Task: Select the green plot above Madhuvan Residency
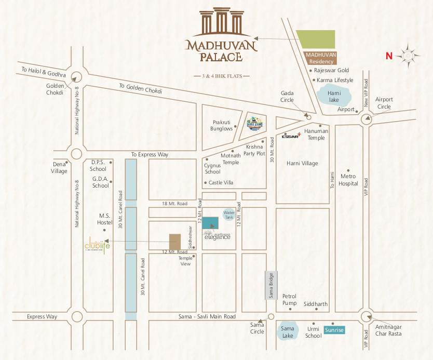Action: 315,39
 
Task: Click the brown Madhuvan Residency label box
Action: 320,58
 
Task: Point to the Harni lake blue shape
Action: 333,97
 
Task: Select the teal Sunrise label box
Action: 334,329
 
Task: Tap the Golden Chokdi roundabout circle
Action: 76,77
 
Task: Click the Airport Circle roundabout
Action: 367,119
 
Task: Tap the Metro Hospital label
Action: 348,180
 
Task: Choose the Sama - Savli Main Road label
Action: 208,316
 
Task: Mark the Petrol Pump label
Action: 289,299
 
